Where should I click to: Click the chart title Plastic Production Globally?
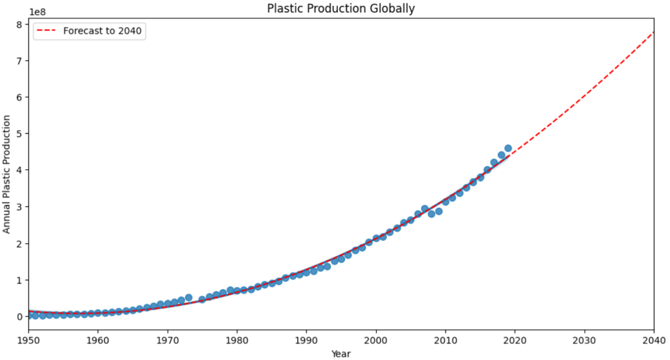[341, 8]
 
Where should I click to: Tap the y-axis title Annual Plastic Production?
[7, 174]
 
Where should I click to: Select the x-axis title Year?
[341, 354]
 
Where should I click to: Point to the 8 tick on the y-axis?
[20, 24]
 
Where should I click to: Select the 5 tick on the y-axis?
[20, 133]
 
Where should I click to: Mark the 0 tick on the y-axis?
[20, 316]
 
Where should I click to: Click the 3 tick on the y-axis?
[20, 207]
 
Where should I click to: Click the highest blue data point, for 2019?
[508, 148]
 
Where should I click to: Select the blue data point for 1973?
[188, 298]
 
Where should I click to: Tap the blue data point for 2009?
[438, 211]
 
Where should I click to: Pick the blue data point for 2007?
[424, 209]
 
